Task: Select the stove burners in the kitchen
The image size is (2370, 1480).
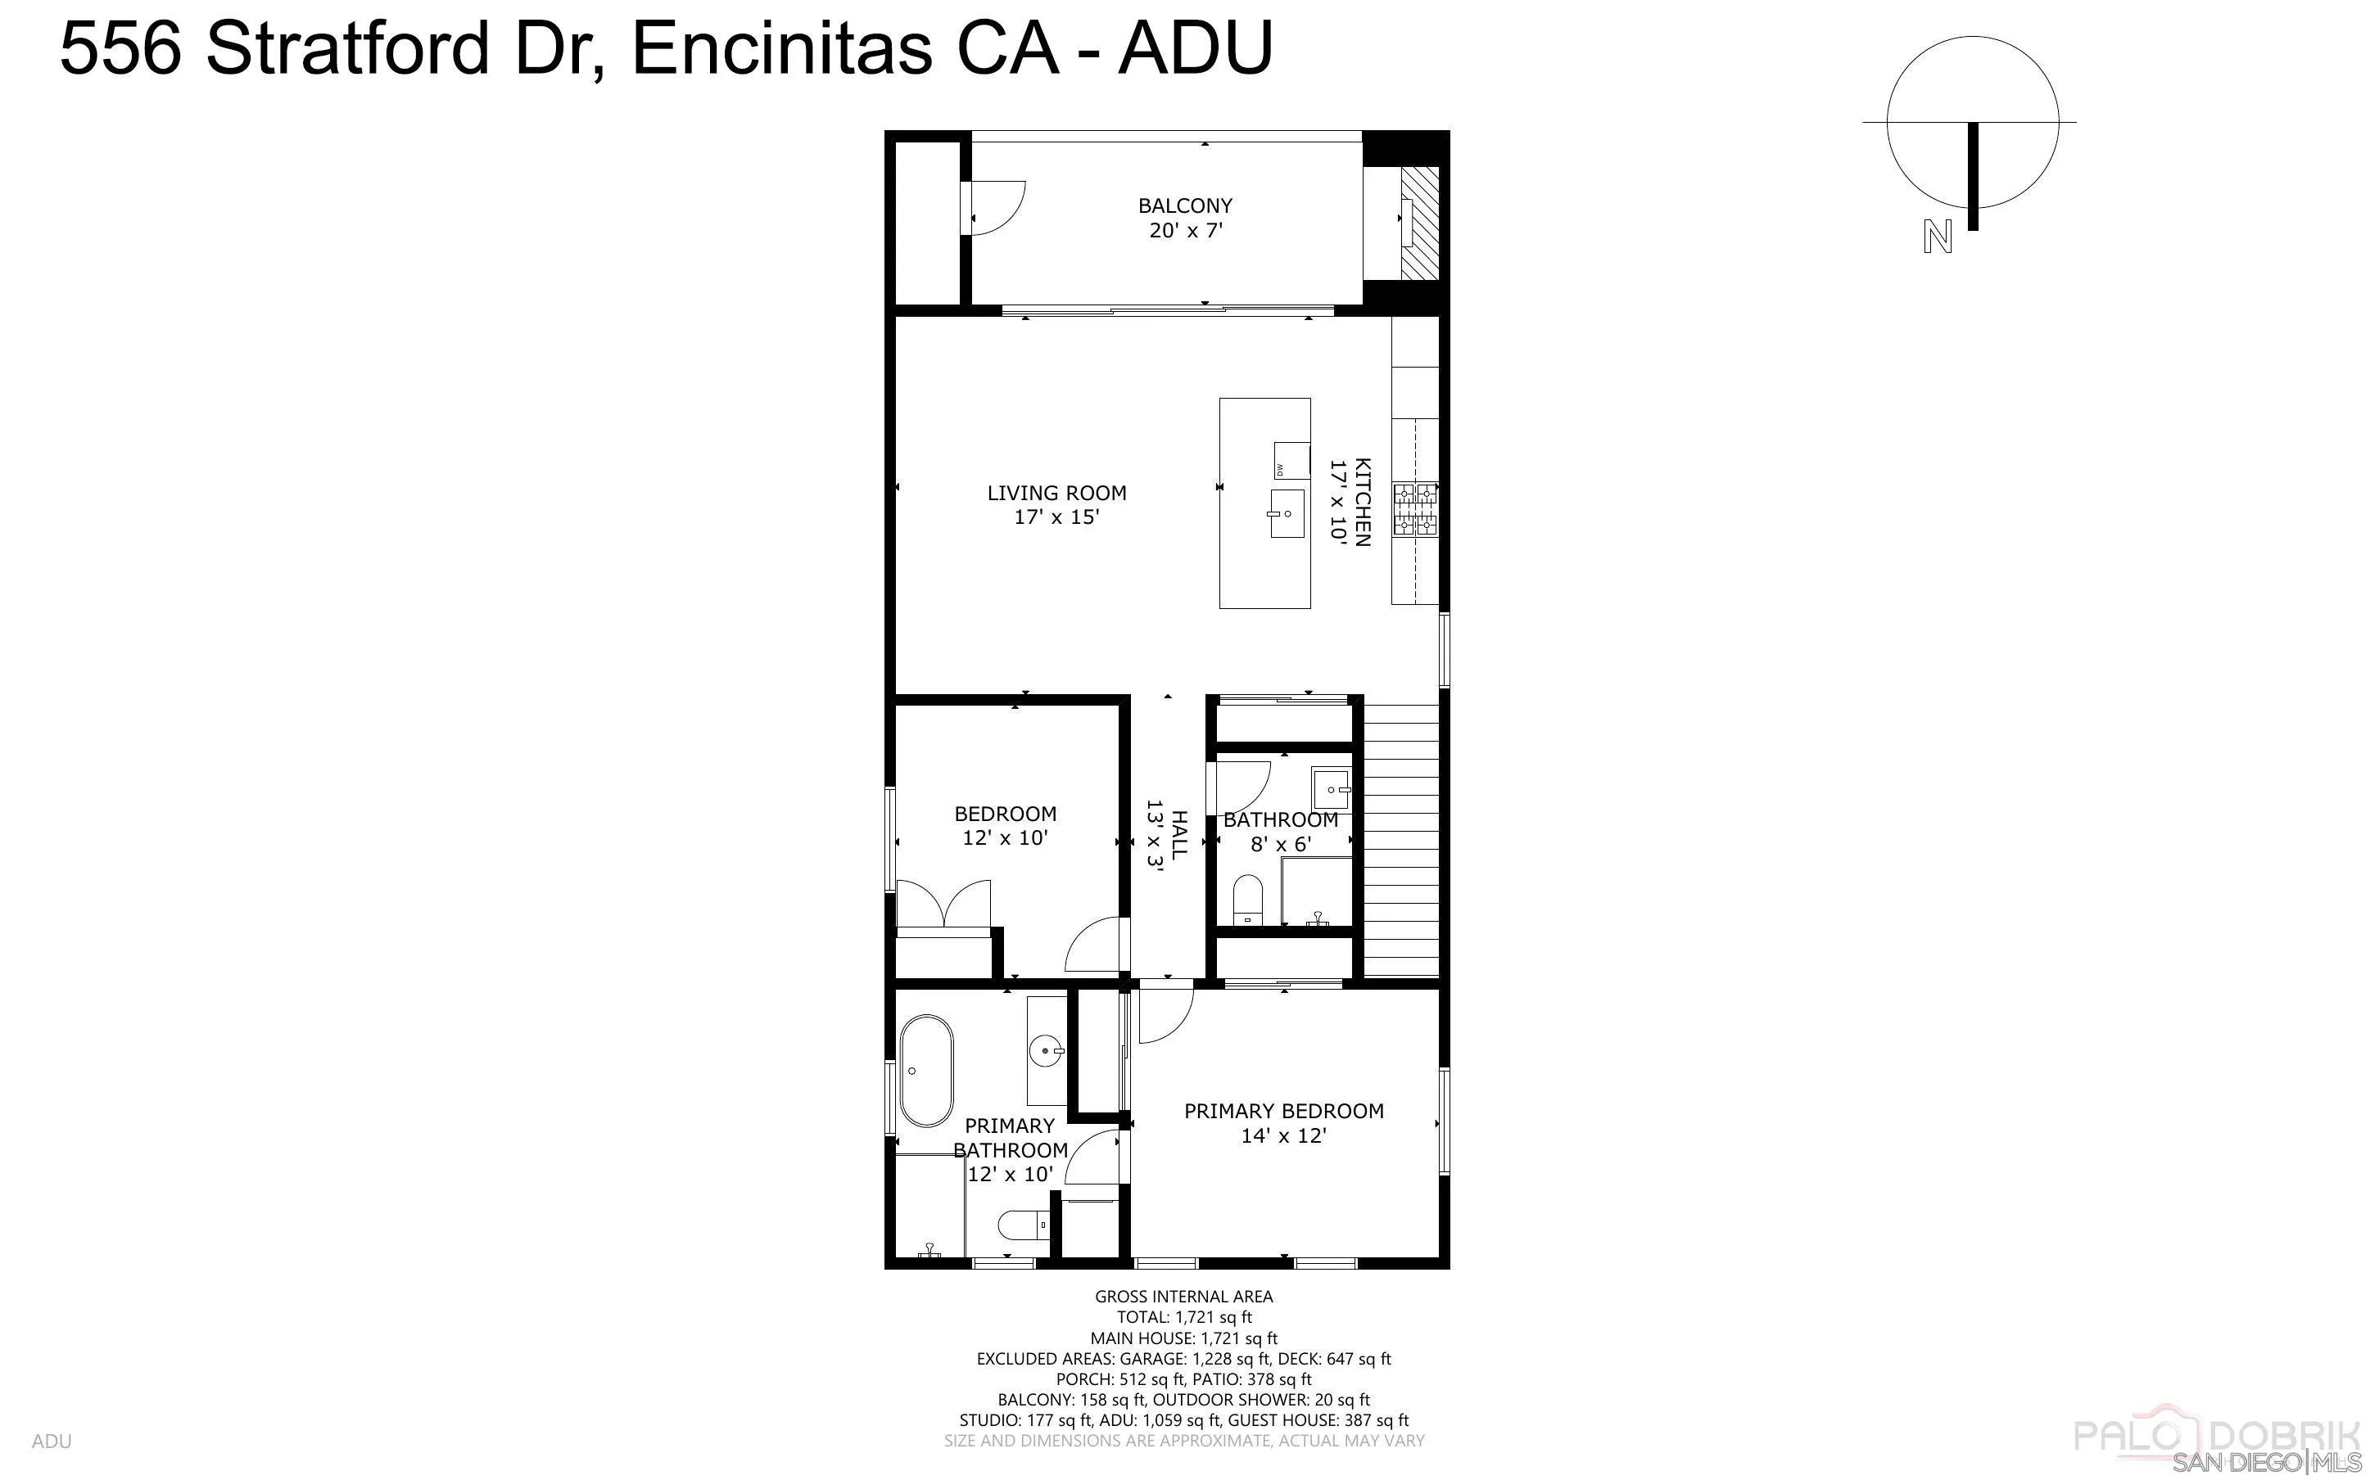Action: (1416, 509)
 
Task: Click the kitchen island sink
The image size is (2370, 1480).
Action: (1287, 513)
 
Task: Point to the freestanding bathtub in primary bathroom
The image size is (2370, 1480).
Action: (925, 1071)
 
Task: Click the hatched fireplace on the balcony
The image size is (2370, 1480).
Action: (1420, 223)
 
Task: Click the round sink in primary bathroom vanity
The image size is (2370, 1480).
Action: (1047, 1052)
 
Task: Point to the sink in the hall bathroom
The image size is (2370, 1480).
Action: (1332, 785)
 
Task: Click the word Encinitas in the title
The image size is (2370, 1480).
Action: (782, 47)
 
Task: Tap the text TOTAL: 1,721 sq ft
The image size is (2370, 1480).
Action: (1183, 1318)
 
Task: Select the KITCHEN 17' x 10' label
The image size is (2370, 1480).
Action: (1349, 501)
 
